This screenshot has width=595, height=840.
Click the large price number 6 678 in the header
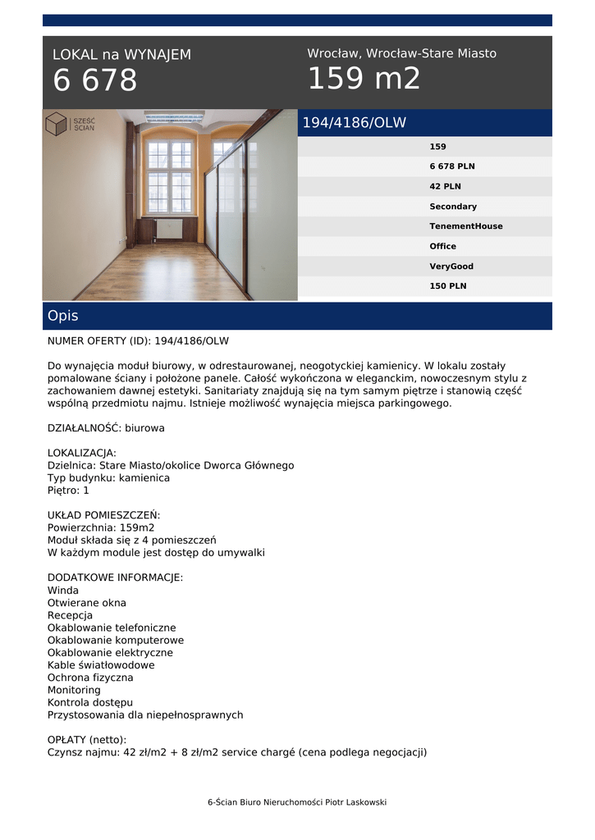[x=95, y=80]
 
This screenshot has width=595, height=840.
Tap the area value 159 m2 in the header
[x=364, y=79]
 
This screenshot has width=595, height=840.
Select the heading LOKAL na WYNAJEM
[x=121, y=55]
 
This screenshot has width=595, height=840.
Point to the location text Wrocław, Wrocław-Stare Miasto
[x=401, y=53]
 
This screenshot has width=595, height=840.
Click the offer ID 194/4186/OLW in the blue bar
[x=354, y=123]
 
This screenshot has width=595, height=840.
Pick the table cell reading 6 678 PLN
[x=451, y=167]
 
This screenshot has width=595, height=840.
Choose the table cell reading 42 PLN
[x=445, y=186]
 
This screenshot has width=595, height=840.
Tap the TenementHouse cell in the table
[x=465, y=226]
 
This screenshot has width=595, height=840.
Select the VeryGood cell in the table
[x=451, y=267]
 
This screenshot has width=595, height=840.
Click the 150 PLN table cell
[x=447, y=286]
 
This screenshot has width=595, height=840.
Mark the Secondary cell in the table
[x=452, y=207]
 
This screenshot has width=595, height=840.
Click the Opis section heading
[x=63, y=316]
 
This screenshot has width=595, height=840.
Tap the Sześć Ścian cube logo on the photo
[x=57, y=124]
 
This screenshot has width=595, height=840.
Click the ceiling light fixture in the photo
[x=174, y=116]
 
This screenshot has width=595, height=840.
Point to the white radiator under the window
[x=169, y=229]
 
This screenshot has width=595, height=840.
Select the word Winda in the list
[x=63, y=591]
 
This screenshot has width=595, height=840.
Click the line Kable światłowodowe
[x=101, y=665]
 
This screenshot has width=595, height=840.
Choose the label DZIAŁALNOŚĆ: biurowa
[x=106, y=428]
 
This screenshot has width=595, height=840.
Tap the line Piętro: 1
[x=68, y=491]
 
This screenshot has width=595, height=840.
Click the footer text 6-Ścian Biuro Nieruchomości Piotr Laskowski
[x=297, y=802]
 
